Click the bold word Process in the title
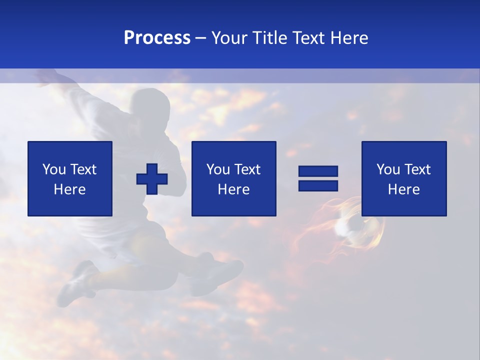(157, 38)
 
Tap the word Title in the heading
(270, 38)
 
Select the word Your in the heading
(229, 38)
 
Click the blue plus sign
(152, 179)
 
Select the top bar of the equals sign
(318, 171)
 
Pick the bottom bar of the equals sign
(318, 185)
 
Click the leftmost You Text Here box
(70, 178)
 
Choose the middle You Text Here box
(233, 178)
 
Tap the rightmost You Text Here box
(403, 178)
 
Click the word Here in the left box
(70, 189)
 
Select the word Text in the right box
(417, 169)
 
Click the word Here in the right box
(403, 189)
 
